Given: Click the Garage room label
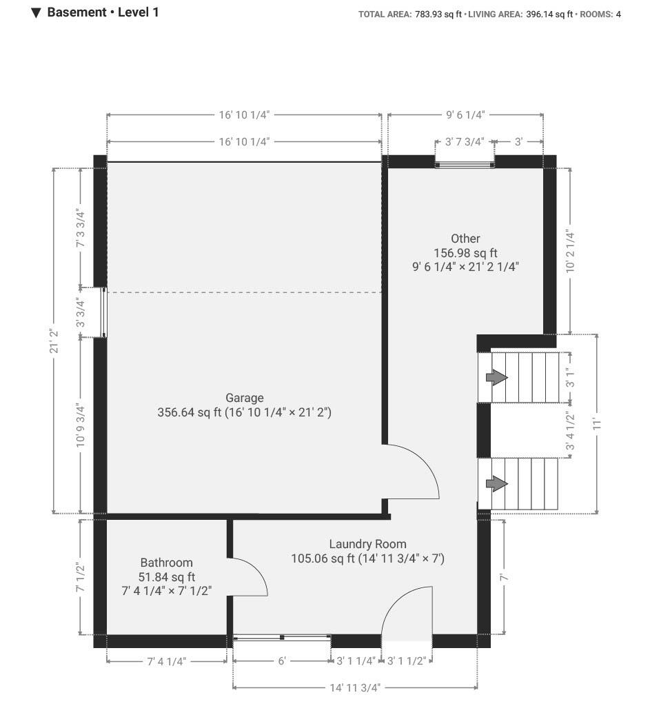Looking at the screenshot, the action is tap(245, 398).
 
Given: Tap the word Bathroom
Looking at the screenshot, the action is tap(167, 563).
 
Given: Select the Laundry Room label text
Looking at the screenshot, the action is tap(368, 545).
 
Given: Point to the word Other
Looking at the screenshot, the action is tap(465, 239).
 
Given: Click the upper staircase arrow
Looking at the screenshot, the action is tap(496, 377).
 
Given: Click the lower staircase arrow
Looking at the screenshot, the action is tap(496, 484).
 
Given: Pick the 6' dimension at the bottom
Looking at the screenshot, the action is tap(282, 661).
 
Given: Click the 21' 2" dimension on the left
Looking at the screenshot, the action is tap(54, 341).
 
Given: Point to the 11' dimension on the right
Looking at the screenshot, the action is tap(597, 424).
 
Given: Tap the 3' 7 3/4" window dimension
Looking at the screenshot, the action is tap(465, 142).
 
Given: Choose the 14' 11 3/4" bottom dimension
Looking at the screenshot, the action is tap(355, 687).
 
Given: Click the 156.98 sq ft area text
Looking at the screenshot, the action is tap(465, 253).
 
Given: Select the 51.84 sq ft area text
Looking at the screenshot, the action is tap(167, 577).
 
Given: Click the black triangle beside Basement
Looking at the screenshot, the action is tap(36, 12).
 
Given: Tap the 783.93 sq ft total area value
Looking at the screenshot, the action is tap(438, 14).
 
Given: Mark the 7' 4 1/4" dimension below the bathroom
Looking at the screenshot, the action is tap(167, 661).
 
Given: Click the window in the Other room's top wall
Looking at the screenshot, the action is tap(465, 165).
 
